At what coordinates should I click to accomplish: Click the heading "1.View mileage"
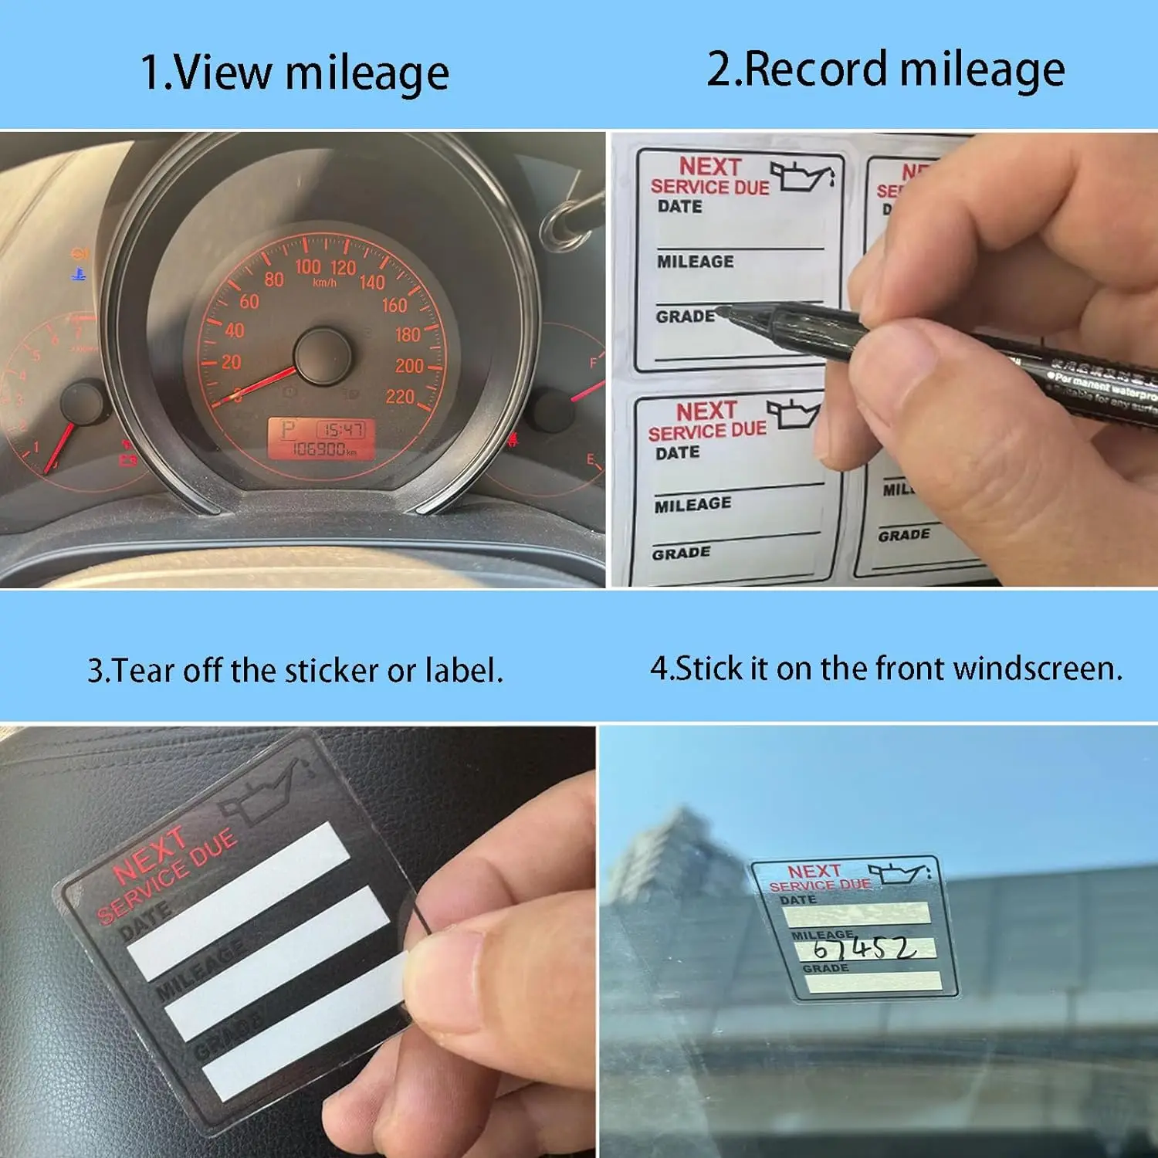(294, 73)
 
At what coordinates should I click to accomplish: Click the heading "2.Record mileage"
(885, 69)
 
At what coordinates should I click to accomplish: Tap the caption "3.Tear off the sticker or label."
(295, 670)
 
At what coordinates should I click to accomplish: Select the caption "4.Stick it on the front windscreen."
(886, 669)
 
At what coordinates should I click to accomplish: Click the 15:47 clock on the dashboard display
(342, 429)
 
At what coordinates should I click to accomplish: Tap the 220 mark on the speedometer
(400, 397)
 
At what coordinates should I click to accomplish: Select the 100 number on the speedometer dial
(307, 266)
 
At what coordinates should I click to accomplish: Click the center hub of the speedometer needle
(323, 357)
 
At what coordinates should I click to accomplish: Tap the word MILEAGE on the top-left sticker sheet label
(695, 262)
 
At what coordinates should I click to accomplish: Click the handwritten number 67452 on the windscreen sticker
(865, 948)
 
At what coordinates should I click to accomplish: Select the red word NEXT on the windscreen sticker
(814, 872)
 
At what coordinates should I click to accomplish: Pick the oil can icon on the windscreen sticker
(900, 872)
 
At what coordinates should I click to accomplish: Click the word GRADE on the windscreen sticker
(824, 968)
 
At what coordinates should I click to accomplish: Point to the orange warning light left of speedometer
(80, 253)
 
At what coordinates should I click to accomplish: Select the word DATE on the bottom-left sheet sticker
(677, 453)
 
